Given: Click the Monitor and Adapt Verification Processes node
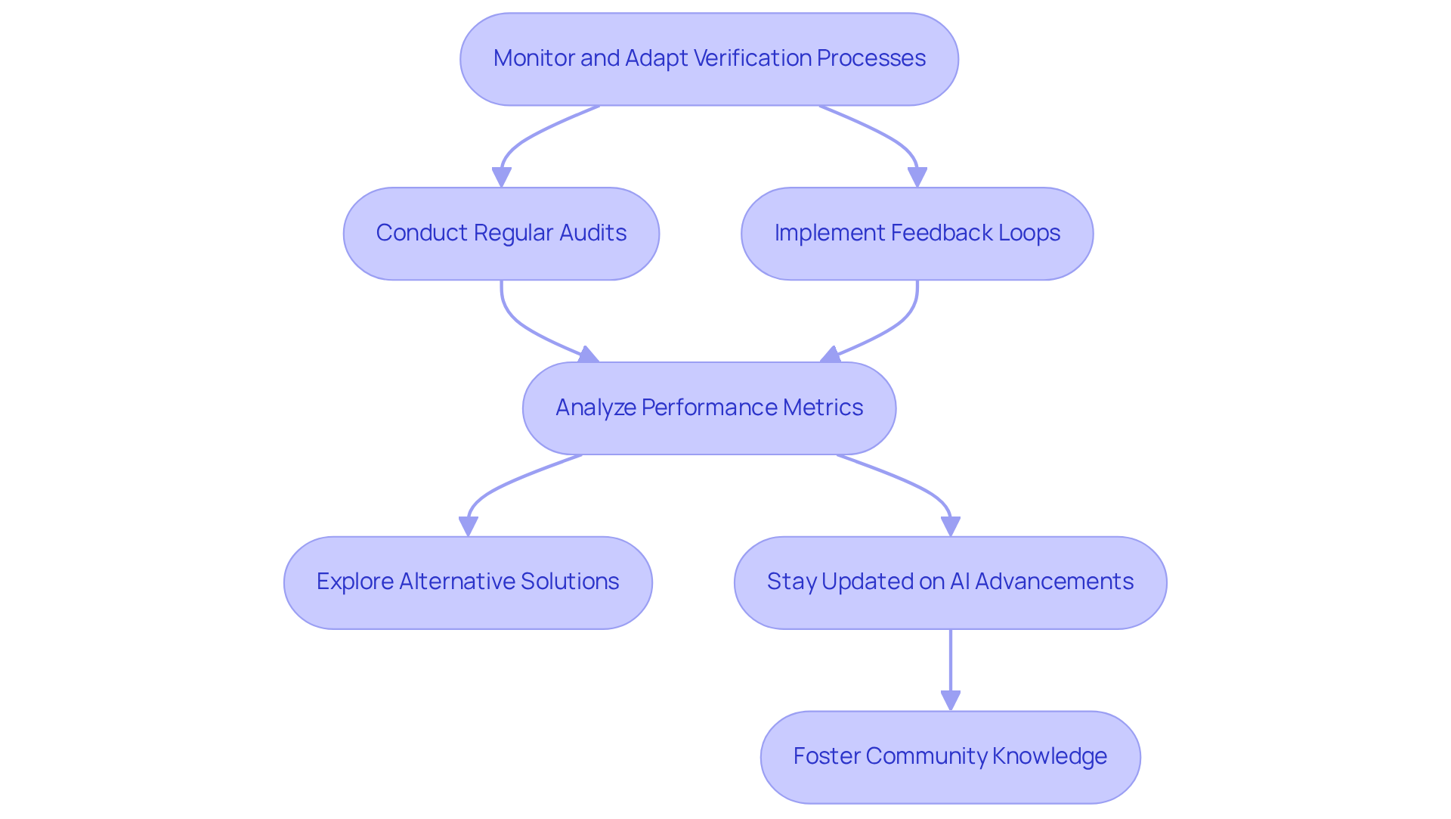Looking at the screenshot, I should click(709, 59).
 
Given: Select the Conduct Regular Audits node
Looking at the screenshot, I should click(501, 234).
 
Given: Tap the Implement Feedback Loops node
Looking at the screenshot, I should click(917, 234).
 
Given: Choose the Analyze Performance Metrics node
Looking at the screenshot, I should click(709, 408).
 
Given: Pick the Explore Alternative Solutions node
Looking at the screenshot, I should click(468, 583).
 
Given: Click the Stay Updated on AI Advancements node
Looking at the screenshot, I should click(950, 583).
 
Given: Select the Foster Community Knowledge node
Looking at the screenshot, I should click(950, 757).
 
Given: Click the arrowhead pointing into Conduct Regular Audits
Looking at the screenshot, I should click(501, 178).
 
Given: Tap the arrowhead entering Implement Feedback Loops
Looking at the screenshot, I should click(917, 178).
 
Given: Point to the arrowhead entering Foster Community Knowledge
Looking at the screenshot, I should click(950, 700).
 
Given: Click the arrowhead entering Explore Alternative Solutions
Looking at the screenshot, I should click(468, 526).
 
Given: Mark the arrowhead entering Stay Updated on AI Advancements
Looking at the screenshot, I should click(950, 526).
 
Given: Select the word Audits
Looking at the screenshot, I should click(592, 233).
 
